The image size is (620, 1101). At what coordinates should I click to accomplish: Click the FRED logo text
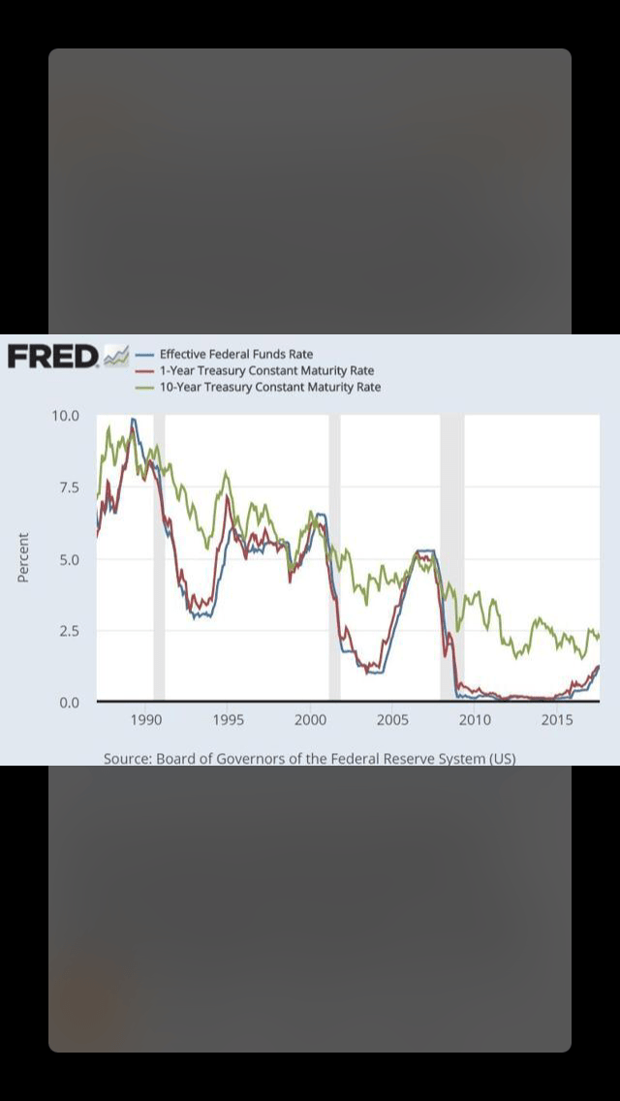click(x=52, y=357)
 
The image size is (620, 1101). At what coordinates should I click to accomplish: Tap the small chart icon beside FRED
click(x=115, y=357)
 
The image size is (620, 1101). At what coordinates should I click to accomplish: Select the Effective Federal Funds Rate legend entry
click(x=235, y=354)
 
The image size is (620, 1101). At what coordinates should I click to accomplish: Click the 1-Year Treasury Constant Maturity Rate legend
click(x=265, y=370)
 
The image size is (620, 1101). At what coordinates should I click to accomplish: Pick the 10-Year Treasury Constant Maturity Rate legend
click(x=269, y=387)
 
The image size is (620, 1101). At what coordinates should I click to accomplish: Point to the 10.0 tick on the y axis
click(x=66, y=416)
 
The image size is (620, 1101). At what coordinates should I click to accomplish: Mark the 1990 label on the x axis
click(x=145, y=720)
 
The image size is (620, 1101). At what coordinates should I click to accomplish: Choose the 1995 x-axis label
click(x=228, y=720)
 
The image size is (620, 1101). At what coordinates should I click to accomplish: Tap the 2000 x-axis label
click(x=310, y=720)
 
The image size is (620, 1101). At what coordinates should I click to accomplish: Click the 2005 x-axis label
click(x=392, y=720)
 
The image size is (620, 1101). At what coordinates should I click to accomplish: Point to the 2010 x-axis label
click(x=475, y=720)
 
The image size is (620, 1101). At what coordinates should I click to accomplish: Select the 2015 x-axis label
click(x=557, y=720)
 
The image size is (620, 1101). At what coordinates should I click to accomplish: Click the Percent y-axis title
click(x=23, y=558)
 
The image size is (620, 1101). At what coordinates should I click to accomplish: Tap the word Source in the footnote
click(x=127, y=758)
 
